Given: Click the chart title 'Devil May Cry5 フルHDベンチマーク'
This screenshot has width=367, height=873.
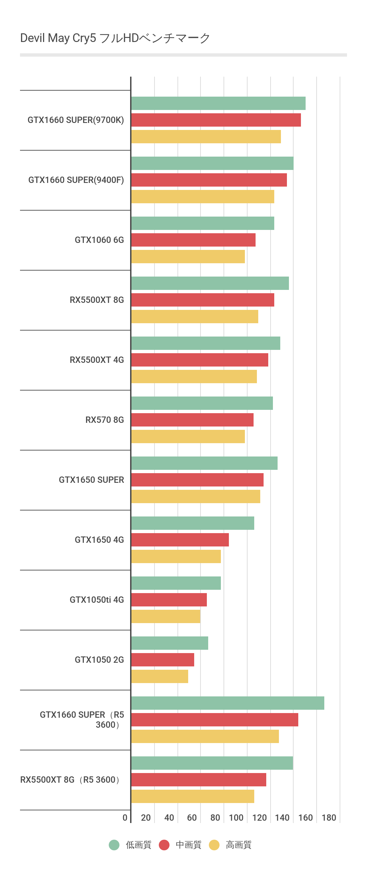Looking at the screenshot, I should pos(115,38).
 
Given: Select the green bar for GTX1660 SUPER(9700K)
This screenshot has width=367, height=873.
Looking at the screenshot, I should pos(218,103).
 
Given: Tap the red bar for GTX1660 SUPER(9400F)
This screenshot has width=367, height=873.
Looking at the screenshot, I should pos(209,180).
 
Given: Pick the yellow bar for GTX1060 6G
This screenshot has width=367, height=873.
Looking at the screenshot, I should pos(188,257).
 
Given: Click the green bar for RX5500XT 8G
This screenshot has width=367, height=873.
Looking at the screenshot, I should pos(210,283).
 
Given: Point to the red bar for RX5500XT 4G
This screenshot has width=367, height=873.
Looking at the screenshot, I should pos(200,360).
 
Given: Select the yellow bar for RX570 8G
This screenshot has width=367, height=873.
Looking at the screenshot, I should pos(188,436).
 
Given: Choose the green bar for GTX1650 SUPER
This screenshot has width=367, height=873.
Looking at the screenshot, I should pos(204,463).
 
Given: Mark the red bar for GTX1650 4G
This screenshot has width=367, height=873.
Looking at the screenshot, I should pos(180,540).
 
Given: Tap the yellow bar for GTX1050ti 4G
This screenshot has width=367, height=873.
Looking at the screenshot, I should pos(165,616).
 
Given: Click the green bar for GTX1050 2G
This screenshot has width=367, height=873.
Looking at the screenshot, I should pos(169,643).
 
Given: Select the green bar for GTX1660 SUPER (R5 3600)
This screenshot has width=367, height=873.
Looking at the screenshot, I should pos(228,703).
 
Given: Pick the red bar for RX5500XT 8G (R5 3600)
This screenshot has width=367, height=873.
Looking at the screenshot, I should pos(199,780).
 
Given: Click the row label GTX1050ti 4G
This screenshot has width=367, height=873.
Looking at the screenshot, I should pos(97,600).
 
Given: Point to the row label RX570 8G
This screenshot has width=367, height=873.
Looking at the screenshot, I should pos(104,420).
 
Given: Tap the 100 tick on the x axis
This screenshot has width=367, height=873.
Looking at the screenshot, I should pos(236,818).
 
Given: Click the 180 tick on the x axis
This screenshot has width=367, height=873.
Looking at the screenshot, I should pos(329,818).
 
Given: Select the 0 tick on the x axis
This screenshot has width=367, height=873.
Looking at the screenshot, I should pos(125,818).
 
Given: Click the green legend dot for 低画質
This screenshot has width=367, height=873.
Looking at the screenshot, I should pos(114,845).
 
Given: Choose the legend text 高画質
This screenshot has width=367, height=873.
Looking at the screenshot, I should pos(239,845).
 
